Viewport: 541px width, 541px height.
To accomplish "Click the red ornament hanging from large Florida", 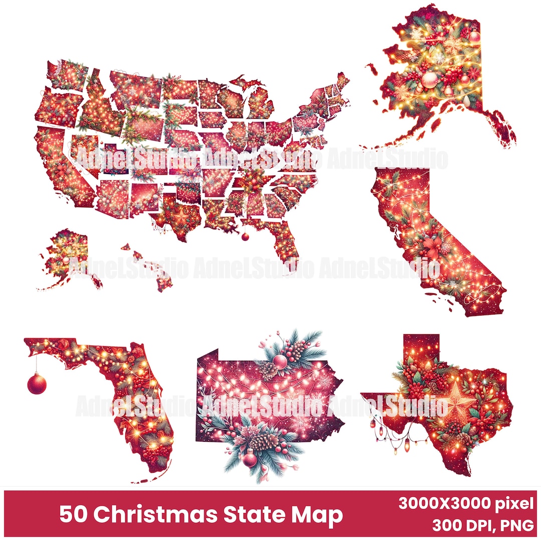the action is (x=37, y=384).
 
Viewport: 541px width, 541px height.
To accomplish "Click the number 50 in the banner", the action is (x=72, y=514).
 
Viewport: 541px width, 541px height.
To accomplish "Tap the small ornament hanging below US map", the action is (x=245, y=237).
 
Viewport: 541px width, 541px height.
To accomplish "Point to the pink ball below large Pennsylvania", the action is (x=249, y=459).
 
